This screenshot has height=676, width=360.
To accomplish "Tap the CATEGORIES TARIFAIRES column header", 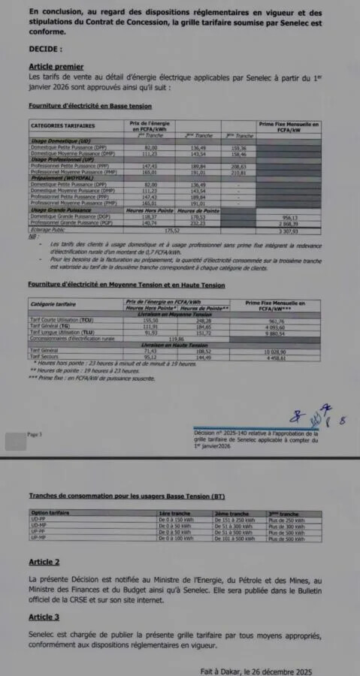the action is pos(62,126).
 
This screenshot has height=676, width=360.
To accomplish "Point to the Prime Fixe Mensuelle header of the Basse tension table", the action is pos(289,126).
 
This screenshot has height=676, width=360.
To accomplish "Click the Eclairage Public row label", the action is pos(50,231).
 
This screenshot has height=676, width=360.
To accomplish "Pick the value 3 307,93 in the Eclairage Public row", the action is pos(289,231).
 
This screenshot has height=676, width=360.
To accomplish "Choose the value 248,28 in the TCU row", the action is pos(183,320).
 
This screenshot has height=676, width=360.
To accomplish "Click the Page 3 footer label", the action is pos(35,434).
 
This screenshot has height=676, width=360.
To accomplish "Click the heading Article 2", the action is pos(44,562).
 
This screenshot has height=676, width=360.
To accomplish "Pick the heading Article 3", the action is pos(44,617).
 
